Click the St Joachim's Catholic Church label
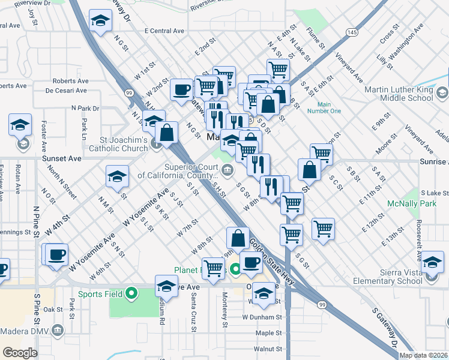118,144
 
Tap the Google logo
20,352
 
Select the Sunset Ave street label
61,159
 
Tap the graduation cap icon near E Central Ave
100,21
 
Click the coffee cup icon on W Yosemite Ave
57,254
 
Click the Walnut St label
268,349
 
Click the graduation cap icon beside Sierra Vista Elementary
433,262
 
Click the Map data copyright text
423,355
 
